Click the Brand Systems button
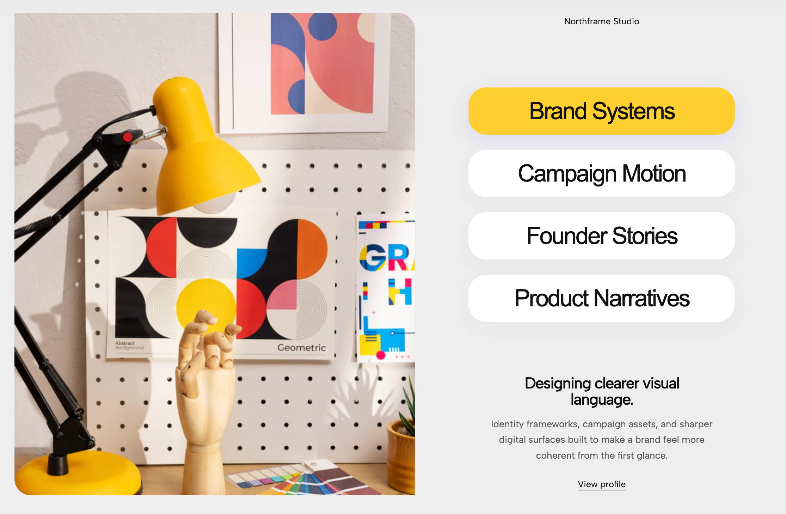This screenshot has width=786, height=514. click(x=601, y=111)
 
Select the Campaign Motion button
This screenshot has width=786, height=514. click(x=601, y=173)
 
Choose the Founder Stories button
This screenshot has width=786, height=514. click(x=601, y=236)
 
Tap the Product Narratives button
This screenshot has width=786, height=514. click(x=601, y=298)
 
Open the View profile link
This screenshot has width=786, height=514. click(x=602, y=484)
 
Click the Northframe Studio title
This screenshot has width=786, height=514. click(x=602, y=22)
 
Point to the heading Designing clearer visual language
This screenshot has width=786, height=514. click(x=602, y=391)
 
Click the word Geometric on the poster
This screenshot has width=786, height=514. click(x=301, y=348)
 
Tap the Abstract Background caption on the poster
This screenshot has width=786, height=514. click(x=129, y=345)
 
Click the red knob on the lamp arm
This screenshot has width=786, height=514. click(x=128, y=137)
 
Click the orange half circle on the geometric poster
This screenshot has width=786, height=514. click(x=312, y=249)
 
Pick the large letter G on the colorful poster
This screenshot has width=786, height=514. click(x=373, y=257)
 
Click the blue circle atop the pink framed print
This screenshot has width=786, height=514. click(x=323, y=25)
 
